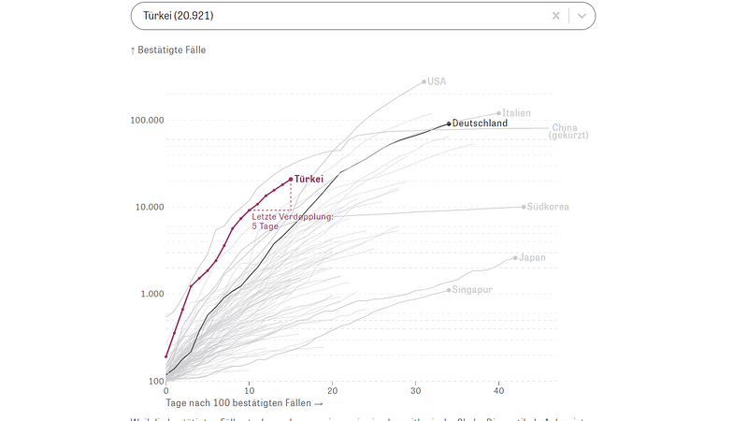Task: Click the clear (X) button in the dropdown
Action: pyautogui.click(x=555, y=16)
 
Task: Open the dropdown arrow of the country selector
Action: pyautogui.click(x=582, y=16)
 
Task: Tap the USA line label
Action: pyautogui.click(x=437, y=81)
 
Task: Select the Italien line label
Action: pyautogui.click(x=516, y=113)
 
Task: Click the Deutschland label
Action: pyautogui.click(x=480, y=123)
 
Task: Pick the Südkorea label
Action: pyautogui.click(x=548, y=207)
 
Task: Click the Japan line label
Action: pyautogui.click(x=532, y=257)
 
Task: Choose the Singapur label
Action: pyautogui.click(x=472, y=290)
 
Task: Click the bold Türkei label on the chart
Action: pyautogui.click(x=309, y=179)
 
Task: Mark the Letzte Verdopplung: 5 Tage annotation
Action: pyautogui.click(x=293, y=221)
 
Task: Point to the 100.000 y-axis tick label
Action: pyautogui.click(x=147, y=121)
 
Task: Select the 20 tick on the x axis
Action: pyautogui.click(x=332, y=390)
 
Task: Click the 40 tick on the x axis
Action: pyautogui.click(x=498, y=390)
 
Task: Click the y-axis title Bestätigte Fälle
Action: pyautogui.click(x=171, y=50)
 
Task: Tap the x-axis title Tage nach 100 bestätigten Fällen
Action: pyautogui.click(x=244, y=402)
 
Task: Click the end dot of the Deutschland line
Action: pyautogui.click(x=449, y=123)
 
